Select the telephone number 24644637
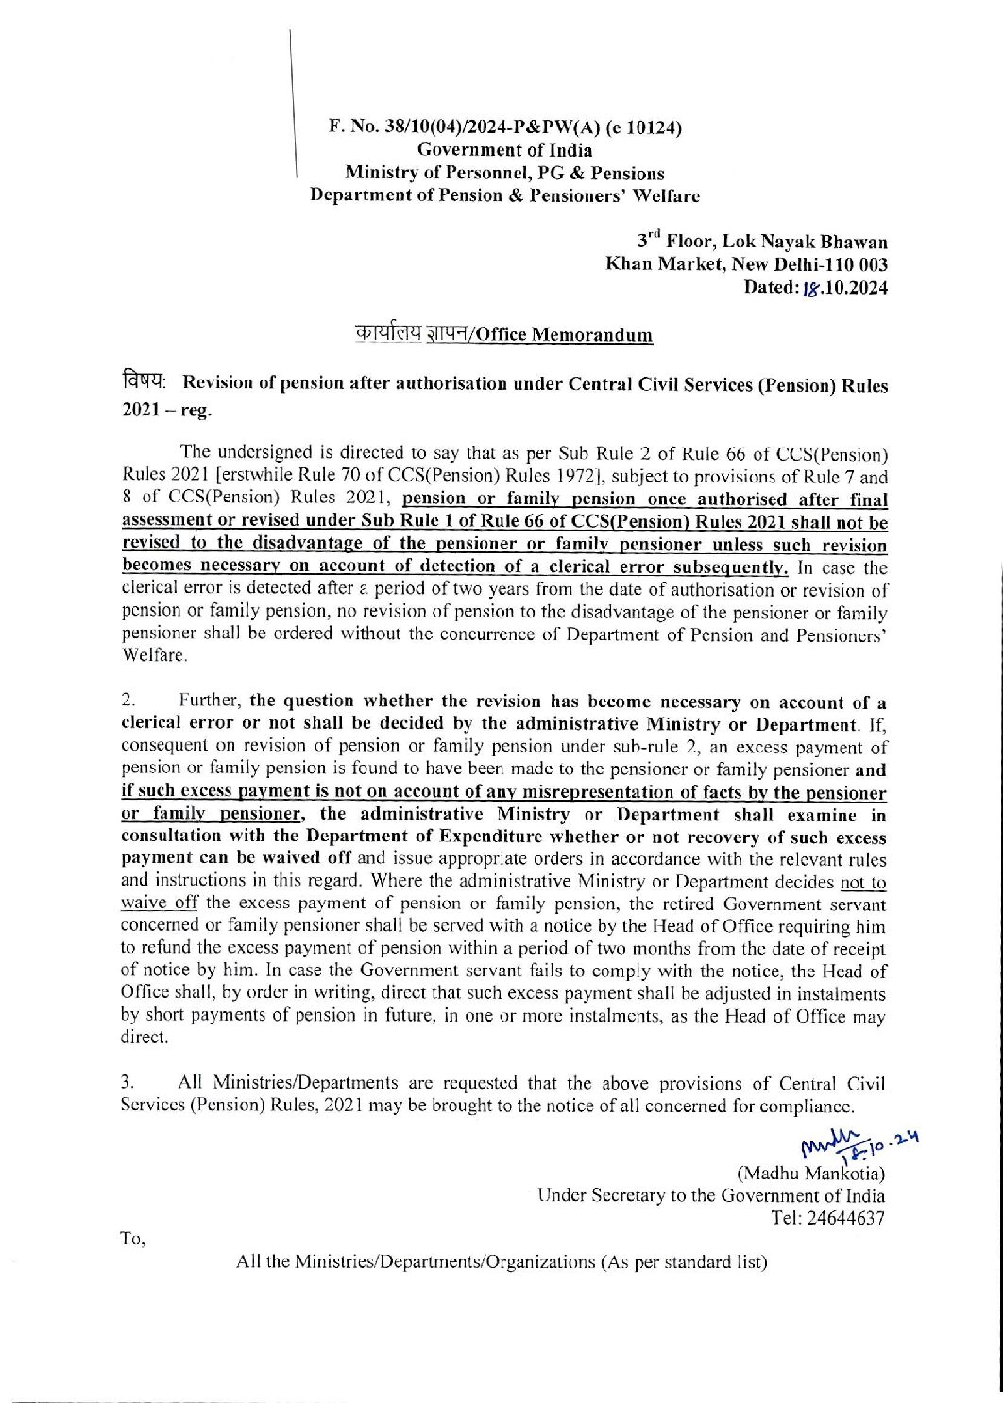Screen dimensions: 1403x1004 tap(843, 1218)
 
